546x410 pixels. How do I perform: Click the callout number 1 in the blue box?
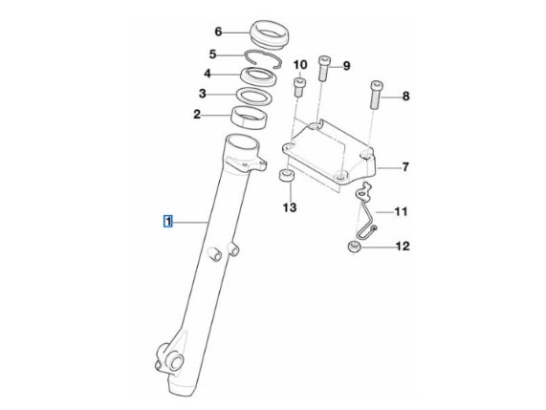coord(168,222)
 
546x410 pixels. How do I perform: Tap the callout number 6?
coord(218,32)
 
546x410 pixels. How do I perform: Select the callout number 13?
coord(290,207)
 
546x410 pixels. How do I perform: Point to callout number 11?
coord(401,211)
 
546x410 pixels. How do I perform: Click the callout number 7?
coord(405,167)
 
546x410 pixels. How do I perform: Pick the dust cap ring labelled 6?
coord(270,33)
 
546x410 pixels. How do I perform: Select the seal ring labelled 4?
coord(258,77)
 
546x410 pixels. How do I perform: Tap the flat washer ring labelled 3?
coord(253,97)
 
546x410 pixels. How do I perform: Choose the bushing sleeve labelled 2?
coord(250,118)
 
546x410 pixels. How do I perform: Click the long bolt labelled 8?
coord(376,95)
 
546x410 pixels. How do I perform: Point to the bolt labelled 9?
coord(323,69)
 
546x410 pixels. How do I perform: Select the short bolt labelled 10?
coord(300,87)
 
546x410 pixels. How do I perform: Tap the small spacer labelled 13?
coord(286,175)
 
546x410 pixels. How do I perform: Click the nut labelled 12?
coord(354,248)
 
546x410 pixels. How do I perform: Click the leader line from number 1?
coord(190,222)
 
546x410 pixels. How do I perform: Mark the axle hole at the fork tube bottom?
coord(176,362)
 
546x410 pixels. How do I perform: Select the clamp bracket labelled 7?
coord(329,152)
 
